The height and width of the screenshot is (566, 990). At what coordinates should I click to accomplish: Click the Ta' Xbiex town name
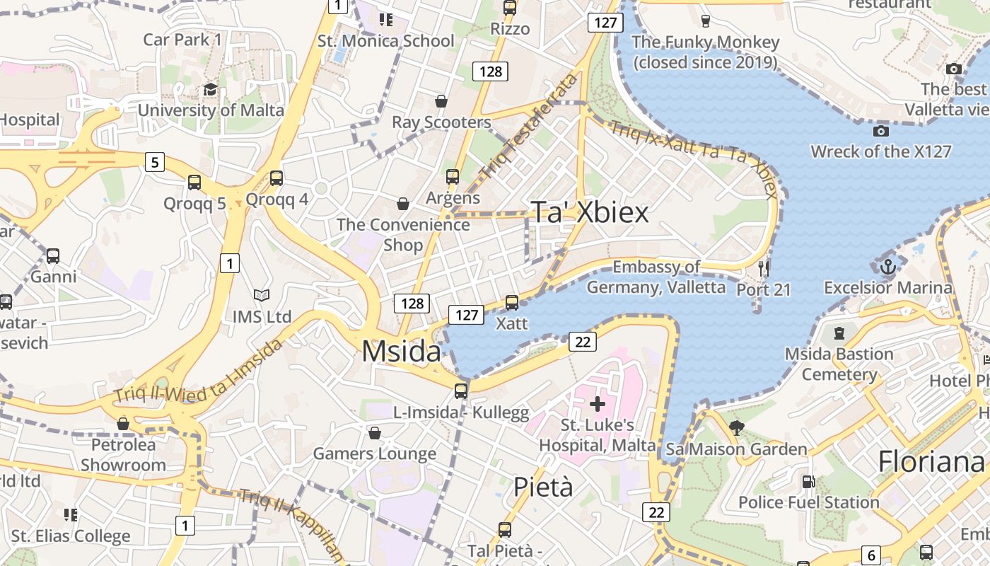(x=589, y=212)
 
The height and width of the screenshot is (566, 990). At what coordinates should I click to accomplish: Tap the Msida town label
(x=401, y=352)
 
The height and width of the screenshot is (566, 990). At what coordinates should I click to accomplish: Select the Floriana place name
(x=931, y=462)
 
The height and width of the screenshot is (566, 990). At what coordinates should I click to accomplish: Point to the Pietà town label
(x=543, y=487)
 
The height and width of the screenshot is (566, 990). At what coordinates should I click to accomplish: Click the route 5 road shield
(x=155, y=162)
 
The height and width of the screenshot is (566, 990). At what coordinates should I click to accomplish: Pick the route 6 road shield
(x=872, y=555)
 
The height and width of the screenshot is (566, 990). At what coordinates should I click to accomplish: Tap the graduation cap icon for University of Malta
(x=210, y=89)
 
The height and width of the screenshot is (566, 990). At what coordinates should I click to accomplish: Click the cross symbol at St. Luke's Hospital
(x=598, y=404)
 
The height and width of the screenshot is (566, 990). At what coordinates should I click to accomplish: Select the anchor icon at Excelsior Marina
(x=887, y=267)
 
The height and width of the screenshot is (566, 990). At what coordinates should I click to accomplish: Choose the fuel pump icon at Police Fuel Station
(x=808, y=482)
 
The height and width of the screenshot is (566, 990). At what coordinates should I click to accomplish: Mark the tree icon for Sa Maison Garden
(x=736, y=427)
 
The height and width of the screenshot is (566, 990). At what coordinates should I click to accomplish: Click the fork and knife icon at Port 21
(x=763, y=269)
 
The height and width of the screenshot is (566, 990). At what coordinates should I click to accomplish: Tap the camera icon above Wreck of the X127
(x=880, y=131)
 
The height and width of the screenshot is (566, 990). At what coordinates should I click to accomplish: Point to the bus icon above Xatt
(x=512, y=303)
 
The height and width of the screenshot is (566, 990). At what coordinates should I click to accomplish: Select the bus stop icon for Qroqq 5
(x=194, y=183)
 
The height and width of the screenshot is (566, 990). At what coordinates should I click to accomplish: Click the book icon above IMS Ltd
(x=262, y=296)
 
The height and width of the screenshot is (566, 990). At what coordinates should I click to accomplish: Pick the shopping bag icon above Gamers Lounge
(x=375, y=432)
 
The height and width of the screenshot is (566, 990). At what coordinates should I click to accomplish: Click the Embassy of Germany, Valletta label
(x=656, y=277)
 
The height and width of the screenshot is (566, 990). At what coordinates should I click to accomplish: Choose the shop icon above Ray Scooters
(x=441, y=101)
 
